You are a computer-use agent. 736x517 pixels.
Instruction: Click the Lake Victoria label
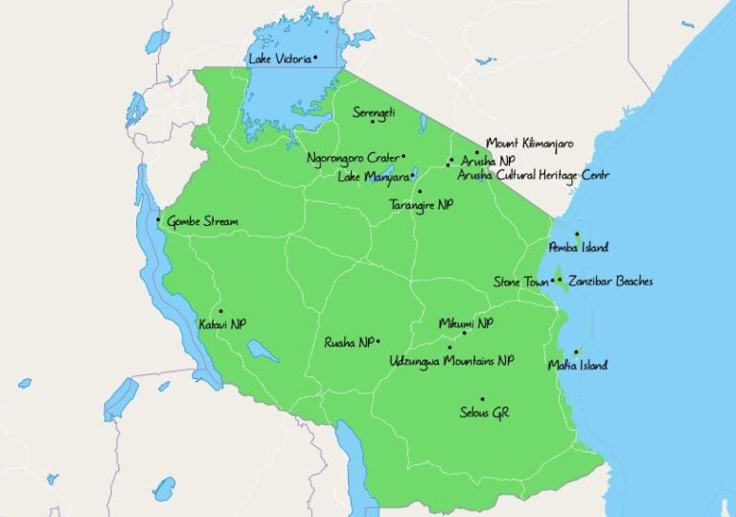(279, 59)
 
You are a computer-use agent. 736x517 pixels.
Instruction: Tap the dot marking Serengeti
(373, 121)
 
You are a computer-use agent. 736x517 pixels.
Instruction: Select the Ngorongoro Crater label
(353, 158)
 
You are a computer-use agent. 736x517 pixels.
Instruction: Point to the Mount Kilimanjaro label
(530, 143)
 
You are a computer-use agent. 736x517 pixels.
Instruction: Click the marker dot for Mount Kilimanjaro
(477, 151)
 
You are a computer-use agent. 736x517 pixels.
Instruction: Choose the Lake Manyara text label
(374, 176)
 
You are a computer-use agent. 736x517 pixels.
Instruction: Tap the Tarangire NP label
(422, 205)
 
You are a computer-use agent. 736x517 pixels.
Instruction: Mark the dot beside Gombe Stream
(158, 221)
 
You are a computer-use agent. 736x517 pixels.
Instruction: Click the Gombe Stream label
(202, 221)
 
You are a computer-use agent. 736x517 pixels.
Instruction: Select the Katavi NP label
(221, 325)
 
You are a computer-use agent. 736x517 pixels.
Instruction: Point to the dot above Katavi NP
(220, 310)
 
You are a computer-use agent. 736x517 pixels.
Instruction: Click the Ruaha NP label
(349, 342)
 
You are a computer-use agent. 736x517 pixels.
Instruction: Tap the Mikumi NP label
(466, 324)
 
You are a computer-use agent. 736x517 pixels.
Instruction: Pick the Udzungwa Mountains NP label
(451, 361)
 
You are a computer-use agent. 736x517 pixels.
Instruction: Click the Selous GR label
(487, 413)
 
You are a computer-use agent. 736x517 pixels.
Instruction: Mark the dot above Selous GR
(482, 398)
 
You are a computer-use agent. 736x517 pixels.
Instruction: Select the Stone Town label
(520, 281)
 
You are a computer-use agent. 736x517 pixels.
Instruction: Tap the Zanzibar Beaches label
(610, 281)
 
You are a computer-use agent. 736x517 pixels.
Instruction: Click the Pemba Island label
(578, 248)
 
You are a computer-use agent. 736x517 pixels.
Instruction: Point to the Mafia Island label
(577, 365)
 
